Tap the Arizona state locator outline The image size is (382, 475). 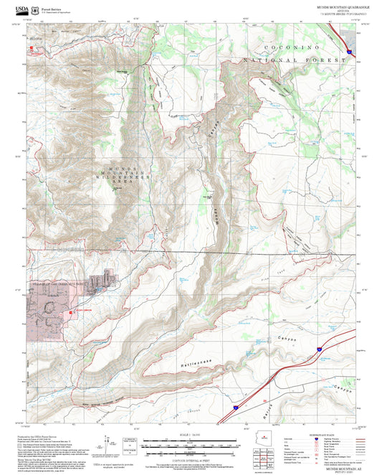tap(269, 437)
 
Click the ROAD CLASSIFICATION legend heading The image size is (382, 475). tap(321, 433)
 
